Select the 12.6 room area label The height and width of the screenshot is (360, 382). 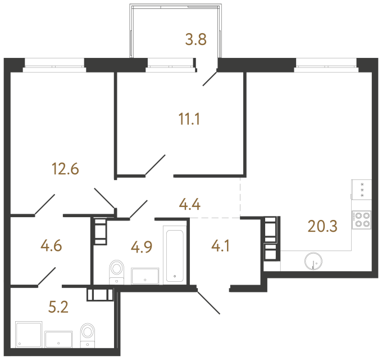point(65,168)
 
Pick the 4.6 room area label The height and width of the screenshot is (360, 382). point(51,245)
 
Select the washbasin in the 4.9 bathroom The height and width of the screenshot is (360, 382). point(145,276)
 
